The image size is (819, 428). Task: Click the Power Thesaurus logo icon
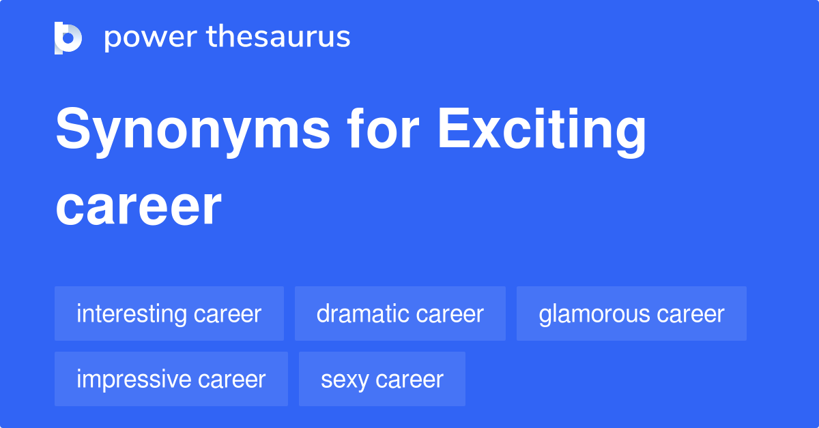pos(68,37)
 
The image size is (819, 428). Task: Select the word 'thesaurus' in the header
pos(278,37)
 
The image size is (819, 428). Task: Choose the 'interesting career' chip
pos(169,314)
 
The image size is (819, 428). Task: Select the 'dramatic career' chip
pos(400,314)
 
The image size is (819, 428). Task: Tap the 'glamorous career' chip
pos(631,314)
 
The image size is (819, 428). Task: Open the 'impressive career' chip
pos(171,379)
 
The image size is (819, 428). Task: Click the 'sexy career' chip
pos(382,379)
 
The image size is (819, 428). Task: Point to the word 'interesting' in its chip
pos(132,314)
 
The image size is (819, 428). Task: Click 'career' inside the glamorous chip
pos(691,314)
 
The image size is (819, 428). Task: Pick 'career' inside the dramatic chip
pos(450,314)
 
